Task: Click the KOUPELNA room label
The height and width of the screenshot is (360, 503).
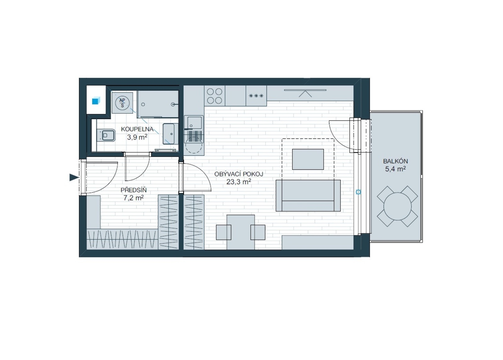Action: tap(137, 129)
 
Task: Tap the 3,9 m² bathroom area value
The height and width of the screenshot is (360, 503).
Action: tap(137, 137)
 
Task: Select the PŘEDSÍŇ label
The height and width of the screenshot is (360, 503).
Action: tap(134, 190)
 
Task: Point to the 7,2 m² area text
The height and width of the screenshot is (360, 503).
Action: tap(134, 198)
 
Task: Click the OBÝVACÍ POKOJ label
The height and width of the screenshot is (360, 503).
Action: tap(239, 174)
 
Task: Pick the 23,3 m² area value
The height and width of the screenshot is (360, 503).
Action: tap(239, 182)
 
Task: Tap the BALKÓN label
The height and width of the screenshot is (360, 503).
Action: tap(395, 161)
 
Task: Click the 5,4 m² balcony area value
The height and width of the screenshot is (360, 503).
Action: tap(395, 169)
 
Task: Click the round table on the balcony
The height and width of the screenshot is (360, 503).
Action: tap(397, 206)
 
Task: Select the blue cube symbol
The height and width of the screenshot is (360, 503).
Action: tap(96, 101)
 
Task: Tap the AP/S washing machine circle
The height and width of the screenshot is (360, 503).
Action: tap(122, 103)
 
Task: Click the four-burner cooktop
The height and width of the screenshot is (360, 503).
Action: tap(214, 96)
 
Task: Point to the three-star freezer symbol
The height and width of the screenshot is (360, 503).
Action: tap(256, 96)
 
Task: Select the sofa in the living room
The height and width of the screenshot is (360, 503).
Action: tap(308, 195)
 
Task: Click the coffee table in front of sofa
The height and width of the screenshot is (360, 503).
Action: tap(308, 159)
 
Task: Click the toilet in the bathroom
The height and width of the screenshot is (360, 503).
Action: tap(106, 135)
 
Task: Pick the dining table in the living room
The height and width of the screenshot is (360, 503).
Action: tap(241, 232)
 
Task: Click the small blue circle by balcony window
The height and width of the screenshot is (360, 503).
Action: tap(358, 192)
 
